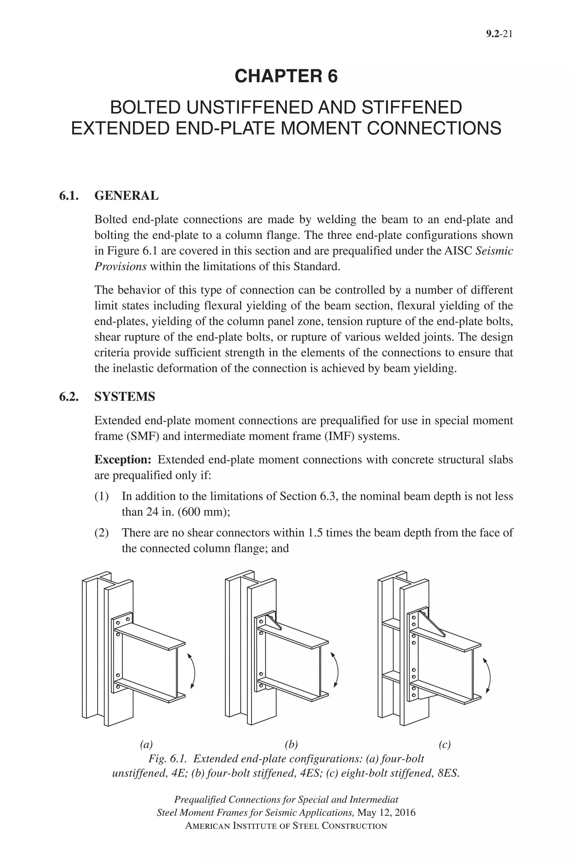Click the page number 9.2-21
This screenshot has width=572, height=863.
pos(499,34)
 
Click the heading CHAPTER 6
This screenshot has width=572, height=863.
pos(286,76)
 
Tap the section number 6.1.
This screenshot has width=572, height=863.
pos(69,196)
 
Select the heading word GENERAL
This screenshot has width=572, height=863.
pos(126,196)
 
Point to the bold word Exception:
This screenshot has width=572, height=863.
pos(123,460)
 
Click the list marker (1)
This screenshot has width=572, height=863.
pos(101,496)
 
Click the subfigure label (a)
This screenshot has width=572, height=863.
pos(146,744)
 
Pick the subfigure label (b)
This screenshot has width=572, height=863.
pos(291,744)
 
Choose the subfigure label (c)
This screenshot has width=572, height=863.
pos(444,744)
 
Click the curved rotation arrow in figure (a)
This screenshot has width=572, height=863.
pos(194,671)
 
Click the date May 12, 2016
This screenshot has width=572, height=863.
pos(386,813)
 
